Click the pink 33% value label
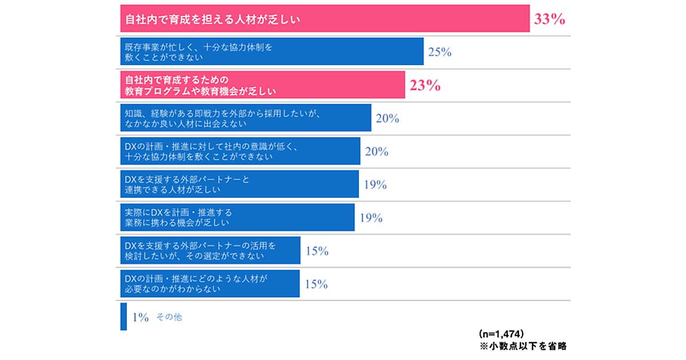pos(549,19)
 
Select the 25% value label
pos(440,53)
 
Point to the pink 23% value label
pos(425,86)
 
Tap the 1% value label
pos(141,317)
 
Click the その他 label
pos(169,317)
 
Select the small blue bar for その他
pos(123,317)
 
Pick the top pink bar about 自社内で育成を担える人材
pos(325,19)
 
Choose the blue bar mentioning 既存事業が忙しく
pos(272,52)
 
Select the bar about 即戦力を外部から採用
pos(246,118)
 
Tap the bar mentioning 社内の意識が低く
pos(241,151)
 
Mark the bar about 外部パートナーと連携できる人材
pos(240,185)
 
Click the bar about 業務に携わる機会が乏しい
pos(237,218)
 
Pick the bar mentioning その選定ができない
pos(210,251)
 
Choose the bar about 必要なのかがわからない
pos(210,284)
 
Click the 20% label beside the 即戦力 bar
pos(387,119)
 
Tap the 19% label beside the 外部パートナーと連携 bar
pos(375,185)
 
